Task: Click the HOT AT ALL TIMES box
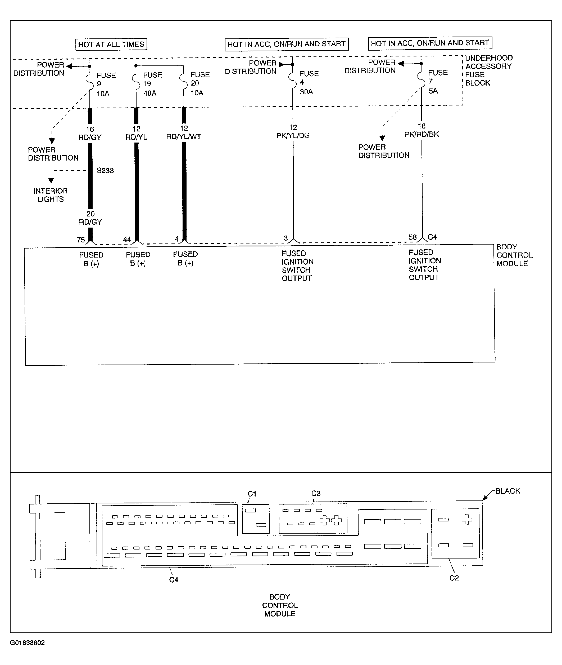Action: click(x=111, y=44)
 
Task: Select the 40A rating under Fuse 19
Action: click(x=150, y=94)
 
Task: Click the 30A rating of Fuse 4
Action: click(x=306, y=92)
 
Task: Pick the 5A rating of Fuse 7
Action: click(x=433, y=91)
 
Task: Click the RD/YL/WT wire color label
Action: click(x=184, y=136)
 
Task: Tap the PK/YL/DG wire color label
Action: click(x=293, y=136)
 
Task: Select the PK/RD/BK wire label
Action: click(x=421, y=134)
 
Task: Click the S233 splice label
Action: click(x=105, y=171)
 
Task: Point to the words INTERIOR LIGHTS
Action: click(x=51, y=195)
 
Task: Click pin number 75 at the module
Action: click(x=81, y=240)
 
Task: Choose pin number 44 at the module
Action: click(x=127, y=240)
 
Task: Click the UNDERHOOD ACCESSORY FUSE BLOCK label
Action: click(x=489, y=70)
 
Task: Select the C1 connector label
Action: click(x=252, y=494)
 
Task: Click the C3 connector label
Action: click(x=316, y=493)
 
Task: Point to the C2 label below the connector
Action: click(x=454, y=578)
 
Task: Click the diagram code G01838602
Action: click(x=28, y=643)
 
